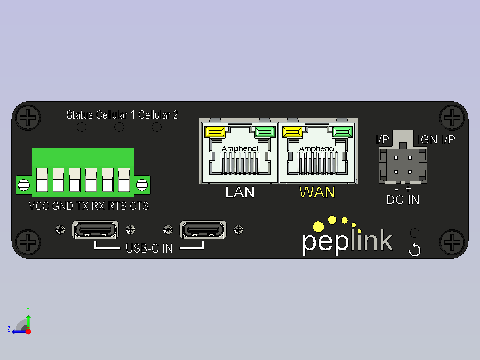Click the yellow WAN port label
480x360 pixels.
317,192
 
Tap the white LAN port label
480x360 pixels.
240,192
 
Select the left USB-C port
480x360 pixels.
95,230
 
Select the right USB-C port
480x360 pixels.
203,230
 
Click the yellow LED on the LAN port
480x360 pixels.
215,132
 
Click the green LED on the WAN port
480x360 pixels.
342,132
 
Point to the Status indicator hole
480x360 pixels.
82,127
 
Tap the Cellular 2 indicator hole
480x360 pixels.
157,127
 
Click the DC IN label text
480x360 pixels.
403,200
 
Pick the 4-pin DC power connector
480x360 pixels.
403,165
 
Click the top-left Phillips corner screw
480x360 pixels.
28,118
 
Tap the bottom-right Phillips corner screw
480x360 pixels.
452,242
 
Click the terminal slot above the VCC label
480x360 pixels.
42,180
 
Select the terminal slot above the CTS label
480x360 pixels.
124,180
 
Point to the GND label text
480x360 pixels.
62,206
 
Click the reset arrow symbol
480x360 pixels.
415,250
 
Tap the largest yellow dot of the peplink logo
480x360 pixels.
318,227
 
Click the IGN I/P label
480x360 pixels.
436,140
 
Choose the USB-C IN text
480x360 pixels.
149,249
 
